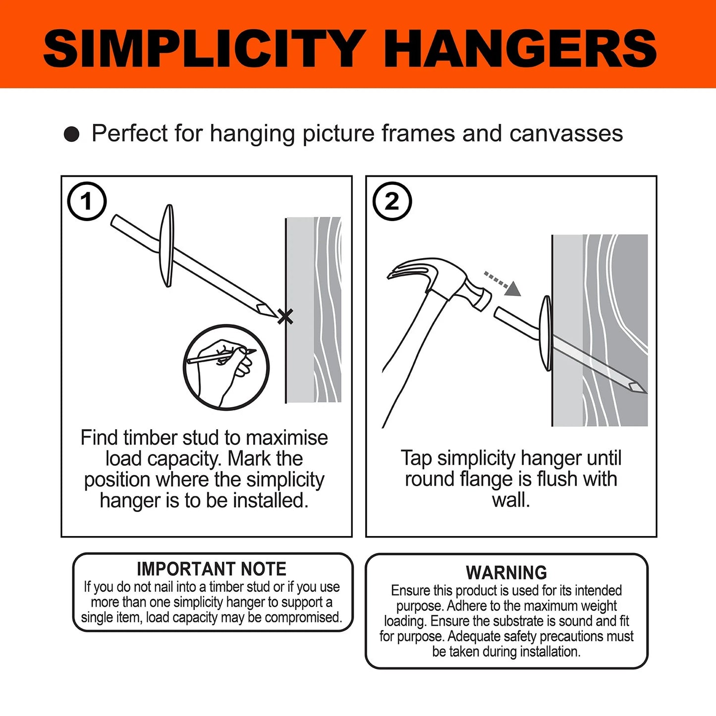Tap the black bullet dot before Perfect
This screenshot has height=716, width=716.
point(72,134)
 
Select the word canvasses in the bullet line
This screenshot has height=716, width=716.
point(566,134)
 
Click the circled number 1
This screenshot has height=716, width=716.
point(87,201)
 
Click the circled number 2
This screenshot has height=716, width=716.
point(392,201)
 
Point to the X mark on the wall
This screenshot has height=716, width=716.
point(285,316)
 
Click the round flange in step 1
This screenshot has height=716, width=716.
point(168,246)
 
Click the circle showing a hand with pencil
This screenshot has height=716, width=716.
point(226,367)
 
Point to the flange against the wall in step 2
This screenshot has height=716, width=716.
point(546,333)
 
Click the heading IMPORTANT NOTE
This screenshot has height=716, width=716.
point(212,569)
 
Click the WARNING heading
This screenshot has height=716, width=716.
point(506,573)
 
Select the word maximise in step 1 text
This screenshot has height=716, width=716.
point(287,438)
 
